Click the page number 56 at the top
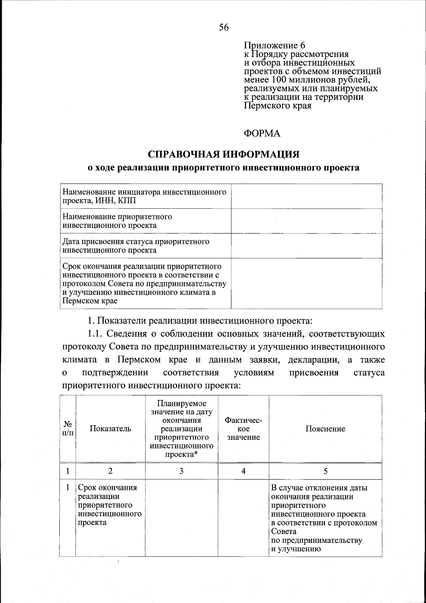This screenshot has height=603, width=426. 224,28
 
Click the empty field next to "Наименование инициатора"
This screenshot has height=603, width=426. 306,196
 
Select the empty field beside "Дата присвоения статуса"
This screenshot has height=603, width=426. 306,246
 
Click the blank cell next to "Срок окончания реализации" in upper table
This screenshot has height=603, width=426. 306,283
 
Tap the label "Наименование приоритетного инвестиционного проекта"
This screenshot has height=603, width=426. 117,221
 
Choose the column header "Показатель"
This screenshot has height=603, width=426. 110,429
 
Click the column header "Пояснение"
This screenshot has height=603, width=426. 325,429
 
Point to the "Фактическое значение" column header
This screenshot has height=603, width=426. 244,429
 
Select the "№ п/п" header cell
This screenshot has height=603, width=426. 68,429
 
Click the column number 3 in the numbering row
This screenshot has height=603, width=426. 181,471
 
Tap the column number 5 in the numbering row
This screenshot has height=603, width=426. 325,471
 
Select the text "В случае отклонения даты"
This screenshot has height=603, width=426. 319,488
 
